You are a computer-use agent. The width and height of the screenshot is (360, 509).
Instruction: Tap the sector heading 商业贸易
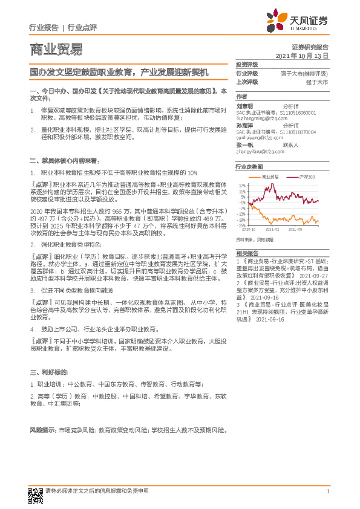pos(56,50)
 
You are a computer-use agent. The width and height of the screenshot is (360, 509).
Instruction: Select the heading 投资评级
pos(247,64)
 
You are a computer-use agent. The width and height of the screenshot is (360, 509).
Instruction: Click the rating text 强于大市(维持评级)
pos(304,73)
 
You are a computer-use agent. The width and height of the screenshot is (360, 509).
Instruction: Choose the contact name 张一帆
pos(245,145)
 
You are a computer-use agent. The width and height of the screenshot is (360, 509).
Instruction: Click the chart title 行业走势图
pos(249,166)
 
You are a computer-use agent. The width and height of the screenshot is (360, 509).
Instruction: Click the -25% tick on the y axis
pos(241,224)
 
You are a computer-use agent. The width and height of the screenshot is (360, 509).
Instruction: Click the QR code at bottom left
pos(35,493)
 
